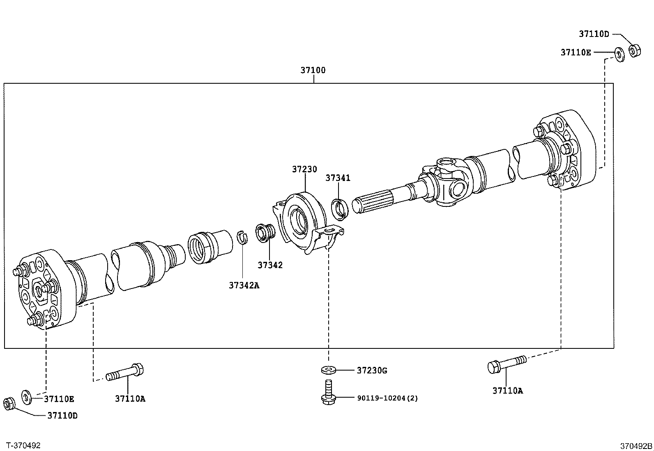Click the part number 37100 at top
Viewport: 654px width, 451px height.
tap(313, 70)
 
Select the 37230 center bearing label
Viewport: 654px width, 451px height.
tap(304, 169)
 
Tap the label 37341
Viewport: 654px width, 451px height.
tap(338, 178)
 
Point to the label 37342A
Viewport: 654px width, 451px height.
tap(244, 285)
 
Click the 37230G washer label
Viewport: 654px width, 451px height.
tap(372, 371)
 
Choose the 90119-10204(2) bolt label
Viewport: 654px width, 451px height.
tap(387, 398)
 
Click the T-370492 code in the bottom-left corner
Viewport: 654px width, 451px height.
tap(23, 445)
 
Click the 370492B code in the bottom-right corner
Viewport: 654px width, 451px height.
tap(636, 446)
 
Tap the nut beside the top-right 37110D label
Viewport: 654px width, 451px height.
tap(635, 51)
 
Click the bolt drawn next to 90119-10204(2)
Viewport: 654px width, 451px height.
tap(327, 392)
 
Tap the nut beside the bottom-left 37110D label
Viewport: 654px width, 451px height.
tap(9, 403)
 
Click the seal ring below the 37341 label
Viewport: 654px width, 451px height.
tap(340, 207)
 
